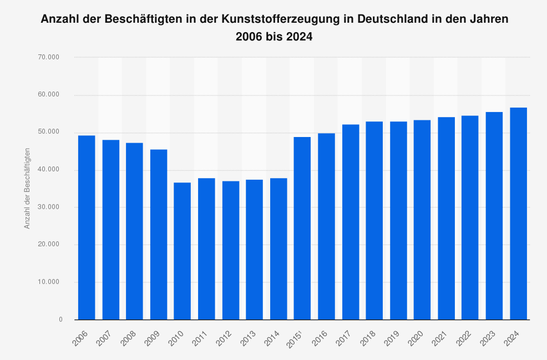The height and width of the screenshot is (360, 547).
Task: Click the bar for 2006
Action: click(87, 227)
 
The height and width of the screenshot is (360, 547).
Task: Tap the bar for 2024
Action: click(518, 214)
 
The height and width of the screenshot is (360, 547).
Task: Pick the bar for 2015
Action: click(302, 228)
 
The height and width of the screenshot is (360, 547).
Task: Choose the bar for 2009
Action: click(159, 235)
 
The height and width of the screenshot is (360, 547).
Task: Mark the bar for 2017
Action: click(351, 222)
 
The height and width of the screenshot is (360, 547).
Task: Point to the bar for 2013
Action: click(255, 250)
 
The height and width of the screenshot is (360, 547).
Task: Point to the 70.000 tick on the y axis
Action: click(49, 57)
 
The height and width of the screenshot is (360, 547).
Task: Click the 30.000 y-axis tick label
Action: click(49, 207)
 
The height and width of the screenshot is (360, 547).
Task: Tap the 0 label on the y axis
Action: click(60, 320)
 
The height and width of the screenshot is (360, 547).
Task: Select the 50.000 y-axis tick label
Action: click(49, 132)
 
